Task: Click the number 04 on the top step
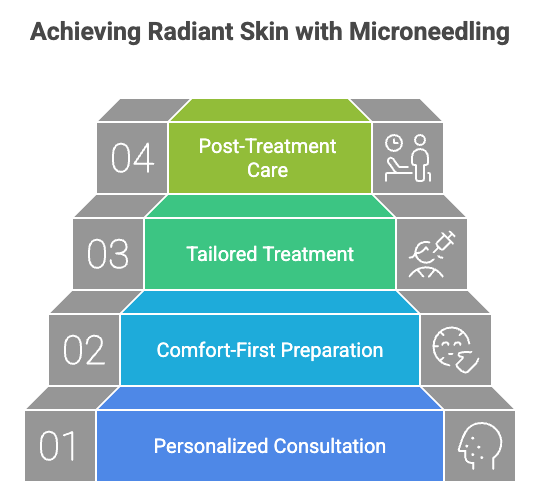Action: click(x=132, y=159)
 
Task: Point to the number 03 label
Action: click(x=108, y=254)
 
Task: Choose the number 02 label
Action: click(x=84, y=350)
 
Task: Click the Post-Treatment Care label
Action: click(x=268, y=158)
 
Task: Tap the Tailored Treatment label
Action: click(x=270, y=254)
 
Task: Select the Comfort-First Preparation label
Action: click(x=270, y=350)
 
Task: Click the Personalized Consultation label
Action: click(x=270, y=446)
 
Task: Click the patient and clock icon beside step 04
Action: click(x=408, y=158)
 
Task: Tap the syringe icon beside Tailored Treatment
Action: click(x=432, y=255)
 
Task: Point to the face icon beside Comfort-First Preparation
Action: click(x=456, y=350)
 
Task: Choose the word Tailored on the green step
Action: click(x=220, y=254)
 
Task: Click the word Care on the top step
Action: click(x=268, y=170)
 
